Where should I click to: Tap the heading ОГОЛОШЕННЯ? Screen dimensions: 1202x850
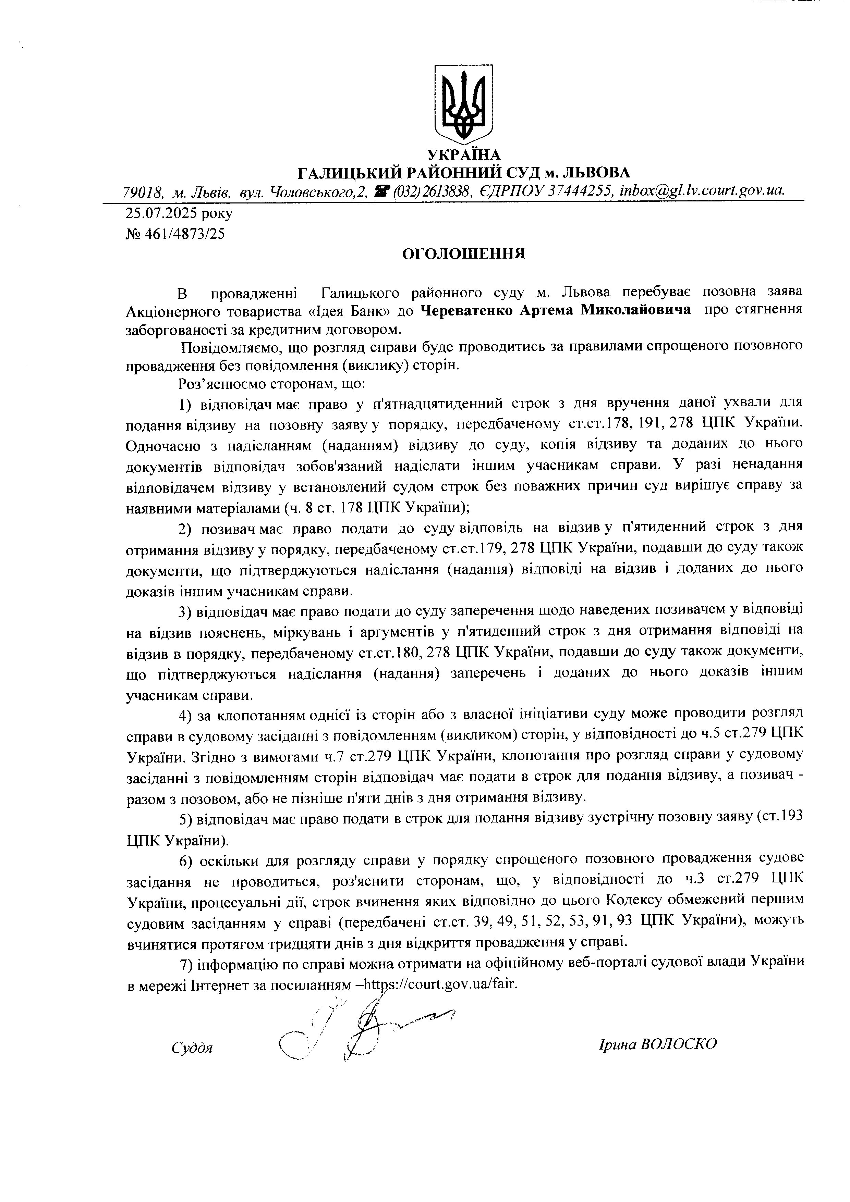coord(463,255)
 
